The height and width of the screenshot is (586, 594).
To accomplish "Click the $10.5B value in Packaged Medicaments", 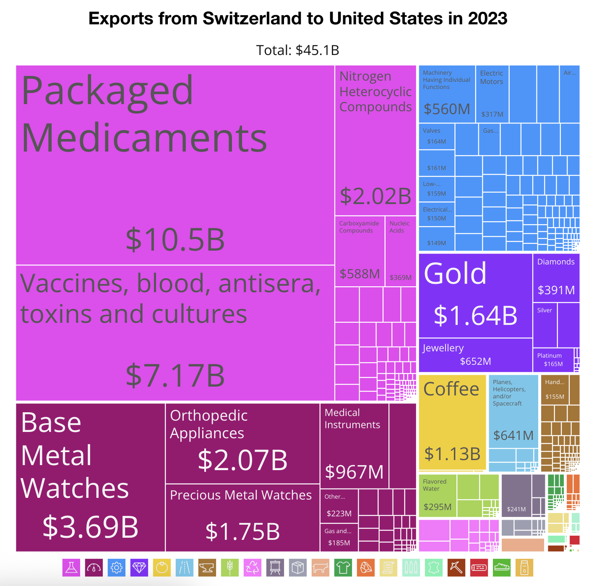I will coord(175,240).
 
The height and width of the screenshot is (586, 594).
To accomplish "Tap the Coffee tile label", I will coord(451,389).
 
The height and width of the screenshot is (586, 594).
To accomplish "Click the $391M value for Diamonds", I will coord(556,290).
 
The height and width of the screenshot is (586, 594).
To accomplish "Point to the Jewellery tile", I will coord(475,355).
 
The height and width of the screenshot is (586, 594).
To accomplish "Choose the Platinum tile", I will coord(553,360).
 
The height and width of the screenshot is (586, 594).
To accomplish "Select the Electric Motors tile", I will coord(492,94).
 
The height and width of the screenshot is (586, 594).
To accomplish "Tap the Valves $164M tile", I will coord(437,136).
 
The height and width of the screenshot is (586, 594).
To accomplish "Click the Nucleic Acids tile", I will coord(401,251).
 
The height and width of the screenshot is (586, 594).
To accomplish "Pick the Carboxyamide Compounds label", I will coord(359,227).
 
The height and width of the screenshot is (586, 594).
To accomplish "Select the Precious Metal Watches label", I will coord(241,495).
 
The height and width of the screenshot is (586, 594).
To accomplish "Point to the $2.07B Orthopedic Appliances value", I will coord(242,460).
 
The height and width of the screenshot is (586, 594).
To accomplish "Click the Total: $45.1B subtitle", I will coord(297,50).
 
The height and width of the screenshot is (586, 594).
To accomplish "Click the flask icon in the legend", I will coord(71,568).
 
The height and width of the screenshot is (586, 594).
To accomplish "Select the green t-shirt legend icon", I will coord(343,568).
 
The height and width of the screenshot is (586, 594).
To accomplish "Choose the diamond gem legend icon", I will coord(139,568).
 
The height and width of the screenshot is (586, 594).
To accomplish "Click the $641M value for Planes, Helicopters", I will coord(513,436).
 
